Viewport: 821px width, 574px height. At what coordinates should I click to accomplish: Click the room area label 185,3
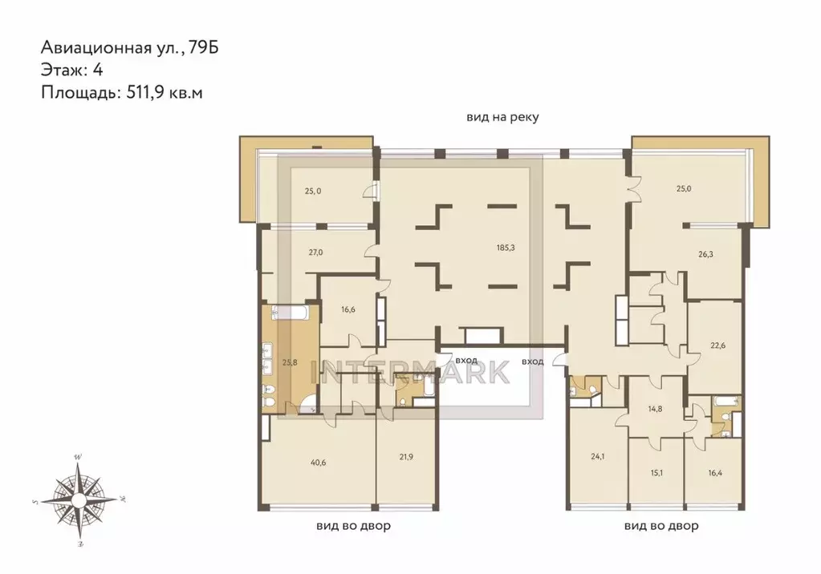coord(506,248)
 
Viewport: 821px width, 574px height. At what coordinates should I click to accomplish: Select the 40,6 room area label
coord(318,462)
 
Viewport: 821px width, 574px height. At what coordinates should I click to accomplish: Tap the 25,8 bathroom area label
coord(290,362)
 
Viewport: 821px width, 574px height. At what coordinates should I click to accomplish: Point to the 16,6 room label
coord(348,309)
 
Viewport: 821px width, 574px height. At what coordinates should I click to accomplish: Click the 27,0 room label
coord(315,253)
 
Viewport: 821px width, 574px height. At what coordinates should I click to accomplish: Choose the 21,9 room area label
coord(406,457)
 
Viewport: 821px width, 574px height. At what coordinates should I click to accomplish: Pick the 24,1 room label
coord(597,456)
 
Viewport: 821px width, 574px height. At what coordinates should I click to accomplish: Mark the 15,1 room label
coord(656,472)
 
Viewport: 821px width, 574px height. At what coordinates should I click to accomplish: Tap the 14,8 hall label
coord(655,409)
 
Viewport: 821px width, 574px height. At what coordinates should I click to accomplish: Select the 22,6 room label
coord(717,346)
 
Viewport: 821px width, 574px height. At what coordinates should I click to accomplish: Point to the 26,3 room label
coord(705,254)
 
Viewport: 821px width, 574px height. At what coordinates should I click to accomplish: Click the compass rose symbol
coord(79,501)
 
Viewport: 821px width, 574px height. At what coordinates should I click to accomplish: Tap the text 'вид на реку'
coord(502,117)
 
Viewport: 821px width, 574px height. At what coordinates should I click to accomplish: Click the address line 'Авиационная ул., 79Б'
coord(130,47)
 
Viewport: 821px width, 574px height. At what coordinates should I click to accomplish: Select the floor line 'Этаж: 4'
coord(71,70)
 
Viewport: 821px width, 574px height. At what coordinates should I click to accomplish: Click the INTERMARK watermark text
coord(411,371)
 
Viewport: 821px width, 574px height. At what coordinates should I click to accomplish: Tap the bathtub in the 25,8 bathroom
coord(292,313)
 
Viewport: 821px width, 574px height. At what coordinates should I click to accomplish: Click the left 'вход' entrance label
coord(466,361)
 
